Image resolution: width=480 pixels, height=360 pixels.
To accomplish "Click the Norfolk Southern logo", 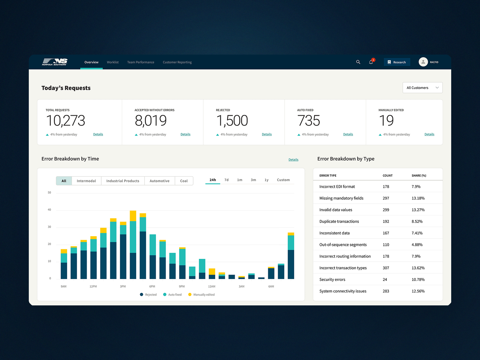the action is tap(55, 62).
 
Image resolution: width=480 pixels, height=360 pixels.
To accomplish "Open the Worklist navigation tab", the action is tap(112, 62).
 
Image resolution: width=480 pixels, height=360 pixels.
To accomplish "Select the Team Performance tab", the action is tap(141, 62).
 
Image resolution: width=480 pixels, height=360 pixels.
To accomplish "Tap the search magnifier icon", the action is tap(358, 62).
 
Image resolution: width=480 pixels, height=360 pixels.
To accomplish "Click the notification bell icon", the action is tap(371, 62).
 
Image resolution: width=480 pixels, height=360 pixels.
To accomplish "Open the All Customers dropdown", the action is tap(422, 88).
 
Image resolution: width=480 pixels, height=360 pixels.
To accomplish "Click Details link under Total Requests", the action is tap(98, 134).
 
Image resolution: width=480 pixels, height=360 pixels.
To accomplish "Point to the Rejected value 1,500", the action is tap(232, 120).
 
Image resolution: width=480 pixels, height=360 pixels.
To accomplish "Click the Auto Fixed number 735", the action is tap(309, 120).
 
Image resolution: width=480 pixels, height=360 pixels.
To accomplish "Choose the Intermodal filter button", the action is tap(86, 181).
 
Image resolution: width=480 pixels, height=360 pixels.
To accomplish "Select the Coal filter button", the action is tap(184, 181).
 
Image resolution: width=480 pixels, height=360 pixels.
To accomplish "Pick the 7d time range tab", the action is tap(226, 180).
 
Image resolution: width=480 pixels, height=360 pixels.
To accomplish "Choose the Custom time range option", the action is tap(283, 180).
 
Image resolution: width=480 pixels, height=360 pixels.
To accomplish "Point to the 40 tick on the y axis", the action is tap(49, 210).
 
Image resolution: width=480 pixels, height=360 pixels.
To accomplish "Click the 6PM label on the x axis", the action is tap(152, 286).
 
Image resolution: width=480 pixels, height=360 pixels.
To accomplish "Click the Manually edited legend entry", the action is tap(201, 295).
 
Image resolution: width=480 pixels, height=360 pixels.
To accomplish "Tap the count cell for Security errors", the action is tap(385, 279).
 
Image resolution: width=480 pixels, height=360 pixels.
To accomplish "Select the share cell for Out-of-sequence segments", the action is tap(417, 244).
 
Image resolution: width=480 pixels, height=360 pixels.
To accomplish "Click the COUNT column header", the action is tap(388, 175).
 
